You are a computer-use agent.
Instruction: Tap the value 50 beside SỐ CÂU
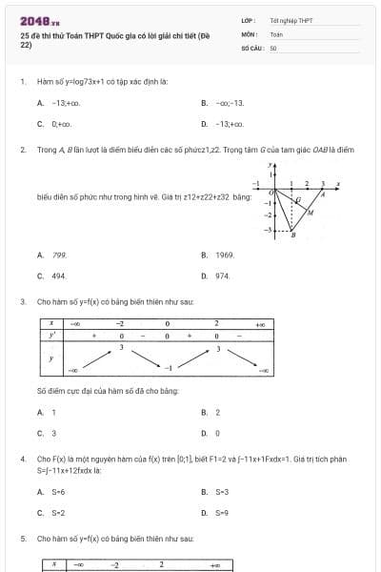[273, 47]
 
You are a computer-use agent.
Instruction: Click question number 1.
[22, 82]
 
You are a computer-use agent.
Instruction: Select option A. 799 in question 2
[53, 255]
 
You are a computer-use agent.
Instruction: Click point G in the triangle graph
[297, 201]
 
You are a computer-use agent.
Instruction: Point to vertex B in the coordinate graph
[292, 235]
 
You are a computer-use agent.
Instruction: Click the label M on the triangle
[310, 213]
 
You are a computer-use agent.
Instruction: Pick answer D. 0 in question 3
[217, 433]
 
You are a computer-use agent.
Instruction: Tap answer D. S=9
[221, 513]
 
